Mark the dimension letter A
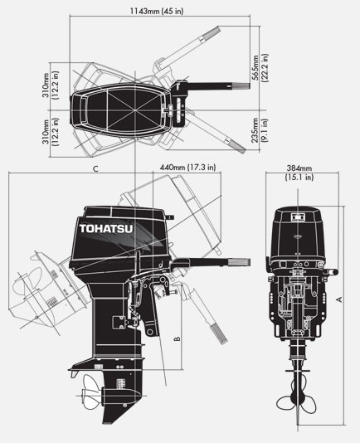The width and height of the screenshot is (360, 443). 338,298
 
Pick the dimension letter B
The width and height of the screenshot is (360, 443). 177,338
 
